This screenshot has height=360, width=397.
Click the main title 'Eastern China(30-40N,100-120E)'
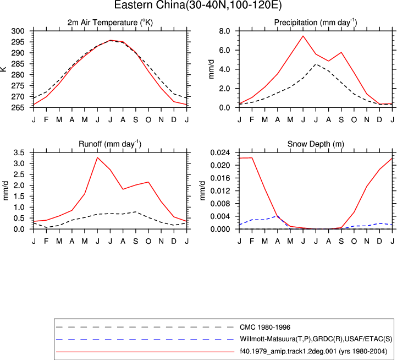(198, 5)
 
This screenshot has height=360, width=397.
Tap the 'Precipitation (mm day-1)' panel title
(316, 23)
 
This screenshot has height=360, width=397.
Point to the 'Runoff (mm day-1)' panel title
(110, 144)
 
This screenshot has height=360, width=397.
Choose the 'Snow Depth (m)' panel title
(316, 144)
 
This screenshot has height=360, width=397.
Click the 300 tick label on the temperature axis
(18, 31)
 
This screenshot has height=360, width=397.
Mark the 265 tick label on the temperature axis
(18, 108)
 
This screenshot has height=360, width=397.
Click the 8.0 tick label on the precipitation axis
(224, 31)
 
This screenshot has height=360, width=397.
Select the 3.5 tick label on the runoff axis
(19, 152)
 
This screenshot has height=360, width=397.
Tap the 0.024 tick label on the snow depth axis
(220, 152)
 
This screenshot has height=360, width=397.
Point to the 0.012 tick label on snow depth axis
(220, 191)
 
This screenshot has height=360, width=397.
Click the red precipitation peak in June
(303, 36)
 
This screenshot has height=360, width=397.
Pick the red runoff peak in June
(97, 157)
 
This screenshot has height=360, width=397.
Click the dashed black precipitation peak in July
(316, 64)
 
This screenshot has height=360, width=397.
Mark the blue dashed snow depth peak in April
(278, 216)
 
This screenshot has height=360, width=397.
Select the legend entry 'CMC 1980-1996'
(265, 328)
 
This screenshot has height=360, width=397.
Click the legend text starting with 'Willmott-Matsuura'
(316, 339)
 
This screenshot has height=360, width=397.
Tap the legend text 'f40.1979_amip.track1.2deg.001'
(288, 351)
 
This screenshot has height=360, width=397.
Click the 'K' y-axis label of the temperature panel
(3, 69)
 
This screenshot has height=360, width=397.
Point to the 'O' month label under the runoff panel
(148, 241)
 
